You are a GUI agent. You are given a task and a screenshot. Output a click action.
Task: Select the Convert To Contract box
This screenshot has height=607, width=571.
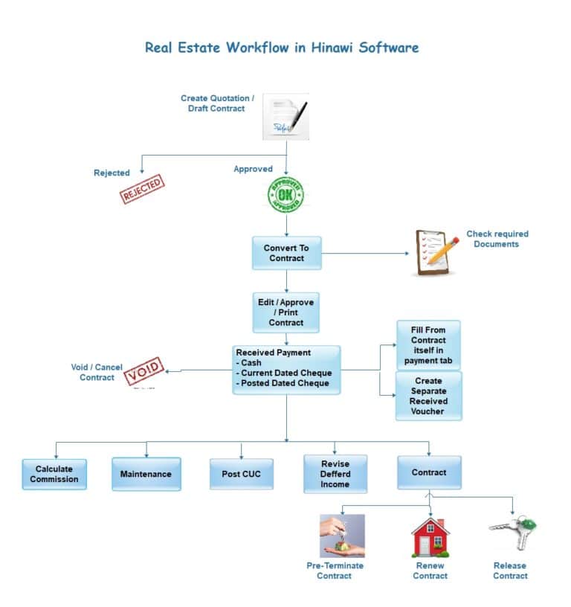[286, 253]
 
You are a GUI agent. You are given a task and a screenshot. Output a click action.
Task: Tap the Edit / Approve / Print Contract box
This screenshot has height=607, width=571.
[286, 312]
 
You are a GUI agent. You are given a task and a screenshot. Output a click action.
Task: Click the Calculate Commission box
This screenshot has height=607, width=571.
[54, 474]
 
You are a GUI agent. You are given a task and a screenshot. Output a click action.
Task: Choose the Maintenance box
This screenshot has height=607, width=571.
[146, 474]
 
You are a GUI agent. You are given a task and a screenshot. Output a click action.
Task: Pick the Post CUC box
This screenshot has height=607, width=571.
[242, 474]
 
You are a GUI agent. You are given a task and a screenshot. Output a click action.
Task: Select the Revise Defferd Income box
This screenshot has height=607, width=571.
[335, 475]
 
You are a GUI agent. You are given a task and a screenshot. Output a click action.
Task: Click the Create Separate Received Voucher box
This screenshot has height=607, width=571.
[428, 396]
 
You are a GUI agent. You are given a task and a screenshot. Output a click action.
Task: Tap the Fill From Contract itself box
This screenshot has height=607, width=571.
[428, 345]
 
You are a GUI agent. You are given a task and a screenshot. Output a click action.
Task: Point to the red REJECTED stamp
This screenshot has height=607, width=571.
[142, 189]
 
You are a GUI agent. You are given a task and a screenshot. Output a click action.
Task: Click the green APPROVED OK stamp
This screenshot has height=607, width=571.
[286, 195]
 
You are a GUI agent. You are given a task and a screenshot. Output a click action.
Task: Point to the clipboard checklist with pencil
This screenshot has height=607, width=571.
[436, 254]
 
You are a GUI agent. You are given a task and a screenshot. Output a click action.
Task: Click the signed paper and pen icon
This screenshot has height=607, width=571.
[286, 117]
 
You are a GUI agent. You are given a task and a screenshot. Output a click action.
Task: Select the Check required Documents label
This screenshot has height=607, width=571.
[497, 239]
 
